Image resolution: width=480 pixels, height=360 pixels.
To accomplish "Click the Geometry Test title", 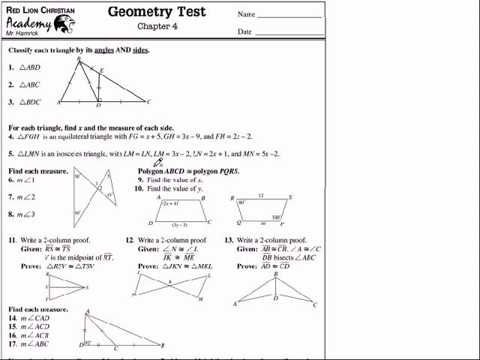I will point(157,11).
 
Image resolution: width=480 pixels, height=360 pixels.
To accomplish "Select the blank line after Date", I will point(289,33).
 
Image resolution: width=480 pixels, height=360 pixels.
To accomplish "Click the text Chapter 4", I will point(157,26).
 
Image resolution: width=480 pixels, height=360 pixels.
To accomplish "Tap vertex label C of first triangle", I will point(148,101).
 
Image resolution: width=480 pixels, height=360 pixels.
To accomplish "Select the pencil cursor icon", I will point(159,162).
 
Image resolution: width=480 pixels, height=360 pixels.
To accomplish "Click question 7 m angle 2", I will point(22,197).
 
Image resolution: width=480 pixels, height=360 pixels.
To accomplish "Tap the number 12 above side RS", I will point(261,195).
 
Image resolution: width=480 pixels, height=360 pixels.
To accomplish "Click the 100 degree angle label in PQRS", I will point(275,217).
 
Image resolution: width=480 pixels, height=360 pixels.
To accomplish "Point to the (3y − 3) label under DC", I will point(179,225).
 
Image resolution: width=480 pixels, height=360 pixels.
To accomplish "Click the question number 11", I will point(12,240).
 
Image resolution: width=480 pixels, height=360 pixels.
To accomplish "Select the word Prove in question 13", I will point(247,266).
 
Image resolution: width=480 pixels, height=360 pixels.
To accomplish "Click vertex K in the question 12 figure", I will point(170,282).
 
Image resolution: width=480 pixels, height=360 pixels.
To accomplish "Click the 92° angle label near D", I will point(88,342).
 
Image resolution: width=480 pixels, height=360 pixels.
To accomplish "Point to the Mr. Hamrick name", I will point(20,34).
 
